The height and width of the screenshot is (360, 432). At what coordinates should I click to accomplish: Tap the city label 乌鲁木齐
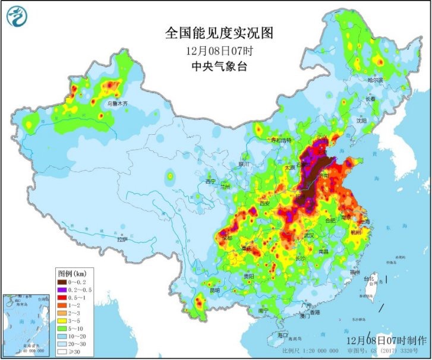[117, 103]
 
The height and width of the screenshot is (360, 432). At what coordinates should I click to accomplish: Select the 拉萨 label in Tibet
[122, 240]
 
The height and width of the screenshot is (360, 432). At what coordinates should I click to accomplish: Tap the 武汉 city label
[308, 236]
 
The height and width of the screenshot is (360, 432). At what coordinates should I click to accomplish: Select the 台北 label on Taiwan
[368, 278]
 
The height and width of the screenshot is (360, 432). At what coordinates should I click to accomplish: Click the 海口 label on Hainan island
[283, 336]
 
